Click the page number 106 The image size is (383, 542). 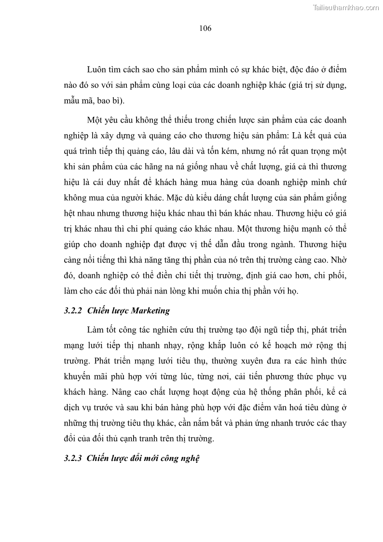coord(205,28)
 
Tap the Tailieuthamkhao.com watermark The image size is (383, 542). coord(346,8)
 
